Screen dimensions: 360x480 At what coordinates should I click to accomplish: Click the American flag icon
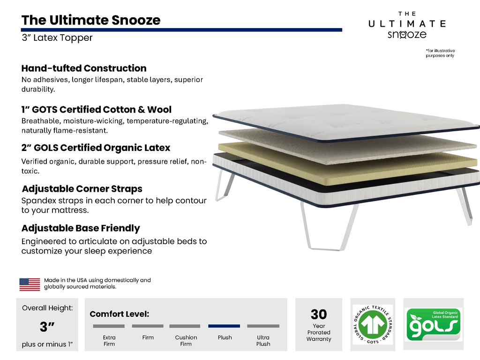(x=30, y=284)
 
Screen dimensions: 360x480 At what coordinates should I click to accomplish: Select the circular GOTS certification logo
(x=373, y=324)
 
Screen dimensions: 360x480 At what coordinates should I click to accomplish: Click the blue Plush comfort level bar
(x=224, y=326)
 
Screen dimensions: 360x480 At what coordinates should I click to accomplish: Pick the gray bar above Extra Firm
(x=109, y=326)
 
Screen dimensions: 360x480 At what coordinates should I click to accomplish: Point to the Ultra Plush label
(x=263, y=341)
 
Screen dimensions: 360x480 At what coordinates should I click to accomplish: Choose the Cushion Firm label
(x=186, y=341)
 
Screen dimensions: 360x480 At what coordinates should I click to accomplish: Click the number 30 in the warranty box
(x=319, y=314)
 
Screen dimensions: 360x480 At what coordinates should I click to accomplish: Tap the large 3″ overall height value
(x=47, y=326)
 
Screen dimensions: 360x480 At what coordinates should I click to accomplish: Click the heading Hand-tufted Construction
(x=84, y=68)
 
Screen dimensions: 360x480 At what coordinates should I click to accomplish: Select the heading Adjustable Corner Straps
(x=82, y=189)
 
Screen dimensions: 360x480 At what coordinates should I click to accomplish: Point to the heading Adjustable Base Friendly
(x=81, y=228)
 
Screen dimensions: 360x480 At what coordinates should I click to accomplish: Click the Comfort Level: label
(x=119, y=314)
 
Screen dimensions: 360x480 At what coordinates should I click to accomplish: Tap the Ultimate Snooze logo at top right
(x=406, y=26)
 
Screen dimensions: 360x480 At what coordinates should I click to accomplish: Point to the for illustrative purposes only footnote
(x=440, y=53)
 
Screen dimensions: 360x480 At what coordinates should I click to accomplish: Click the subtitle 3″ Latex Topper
(x=57, y=38)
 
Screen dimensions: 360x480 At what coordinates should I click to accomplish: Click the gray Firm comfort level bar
(x=148, y=326)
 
